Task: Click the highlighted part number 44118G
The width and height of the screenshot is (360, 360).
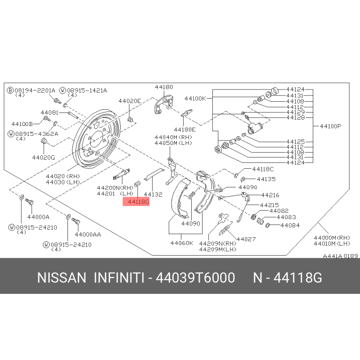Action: pyautogui.click(x=138, y=202)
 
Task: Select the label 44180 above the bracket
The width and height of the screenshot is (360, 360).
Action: pyautogui.click(x=164, y=87)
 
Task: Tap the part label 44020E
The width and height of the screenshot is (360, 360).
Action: pyautogui.click(x=130, y=101)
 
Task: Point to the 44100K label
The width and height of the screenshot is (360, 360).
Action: pyautogui.click(x=195, y=99)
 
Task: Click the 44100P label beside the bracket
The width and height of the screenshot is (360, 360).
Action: pyautogui.click(x=330, y=126)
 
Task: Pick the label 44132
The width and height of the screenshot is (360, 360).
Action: pyautogui.click(x=153, y=194)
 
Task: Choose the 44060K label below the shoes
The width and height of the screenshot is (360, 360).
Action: pyautogui.click(x=182, y=243)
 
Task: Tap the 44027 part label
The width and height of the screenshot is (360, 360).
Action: pyautogui.click(x=246, y=239)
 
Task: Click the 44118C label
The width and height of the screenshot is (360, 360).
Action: pyautogui.click(x=263, y=169)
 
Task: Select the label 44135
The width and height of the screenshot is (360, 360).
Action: pyautogui.click(x=266, y=179)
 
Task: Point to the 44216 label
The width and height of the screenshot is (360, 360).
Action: pyautogui.click(x=270, y=195)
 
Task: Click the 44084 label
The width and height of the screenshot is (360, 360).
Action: pyautogui.click(x=290, y=225)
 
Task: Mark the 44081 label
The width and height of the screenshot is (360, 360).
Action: pyautogui.click(x=49, y=113)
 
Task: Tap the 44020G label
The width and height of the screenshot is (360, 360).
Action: pyautogui.click(x=43, y=157)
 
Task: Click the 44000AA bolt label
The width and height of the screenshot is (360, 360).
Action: pyautogui.click(x=88, y=234)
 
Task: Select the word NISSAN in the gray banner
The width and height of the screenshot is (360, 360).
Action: pyautogui.click(x=62, y=278)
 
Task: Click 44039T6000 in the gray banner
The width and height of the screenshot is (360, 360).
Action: pyautogui.click(x=195, y=278)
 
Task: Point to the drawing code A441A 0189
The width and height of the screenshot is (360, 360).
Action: pyautogui.click(x=341, y=256)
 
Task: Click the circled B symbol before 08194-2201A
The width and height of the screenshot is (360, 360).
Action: pyautogui.click(x=10, y=90)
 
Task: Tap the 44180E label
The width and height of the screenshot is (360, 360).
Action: pyautogui.click(x=185, y=130)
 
